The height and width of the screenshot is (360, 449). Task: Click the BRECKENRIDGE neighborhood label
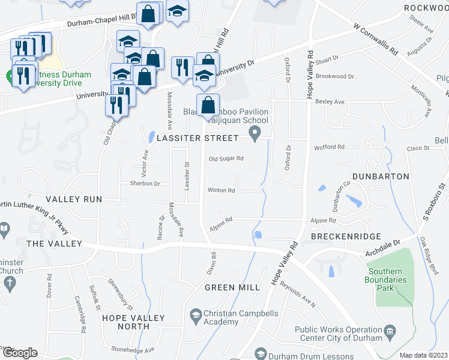(x=343, y=237)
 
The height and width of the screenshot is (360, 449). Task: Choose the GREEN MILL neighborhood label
(x=232, y=287)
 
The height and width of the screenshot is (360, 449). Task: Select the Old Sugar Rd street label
(x=226, y=159)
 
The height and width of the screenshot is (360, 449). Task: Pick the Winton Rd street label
(x=221, y=190)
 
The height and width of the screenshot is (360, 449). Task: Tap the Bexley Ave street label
(x=330, y=102)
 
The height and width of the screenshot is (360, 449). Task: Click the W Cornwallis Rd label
(x=376, y=40)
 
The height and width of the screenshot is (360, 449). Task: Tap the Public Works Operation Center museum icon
(x=390, y=330)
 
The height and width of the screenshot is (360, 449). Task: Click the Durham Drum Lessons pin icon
(x=261, y=353)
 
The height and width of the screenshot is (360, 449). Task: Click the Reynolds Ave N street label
(x=298, y=295)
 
